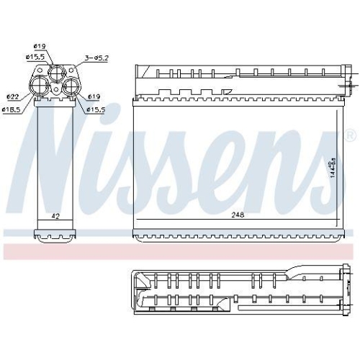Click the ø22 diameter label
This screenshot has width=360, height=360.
point(13,96)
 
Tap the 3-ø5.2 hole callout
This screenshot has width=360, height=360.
point(96,58)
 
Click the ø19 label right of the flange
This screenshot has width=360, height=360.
point(94,96)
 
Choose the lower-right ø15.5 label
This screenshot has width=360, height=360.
point(96,109)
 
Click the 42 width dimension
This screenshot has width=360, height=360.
point(55,215)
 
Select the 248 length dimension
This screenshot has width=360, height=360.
point(237,215)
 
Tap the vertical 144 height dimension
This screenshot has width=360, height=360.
point(333,169)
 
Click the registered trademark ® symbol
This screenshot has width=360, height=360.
point(351,135)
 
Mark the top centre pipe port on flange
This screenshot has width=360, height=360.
point(57,73)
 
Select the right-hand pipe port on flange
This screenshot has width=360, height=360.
point(71,87)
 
